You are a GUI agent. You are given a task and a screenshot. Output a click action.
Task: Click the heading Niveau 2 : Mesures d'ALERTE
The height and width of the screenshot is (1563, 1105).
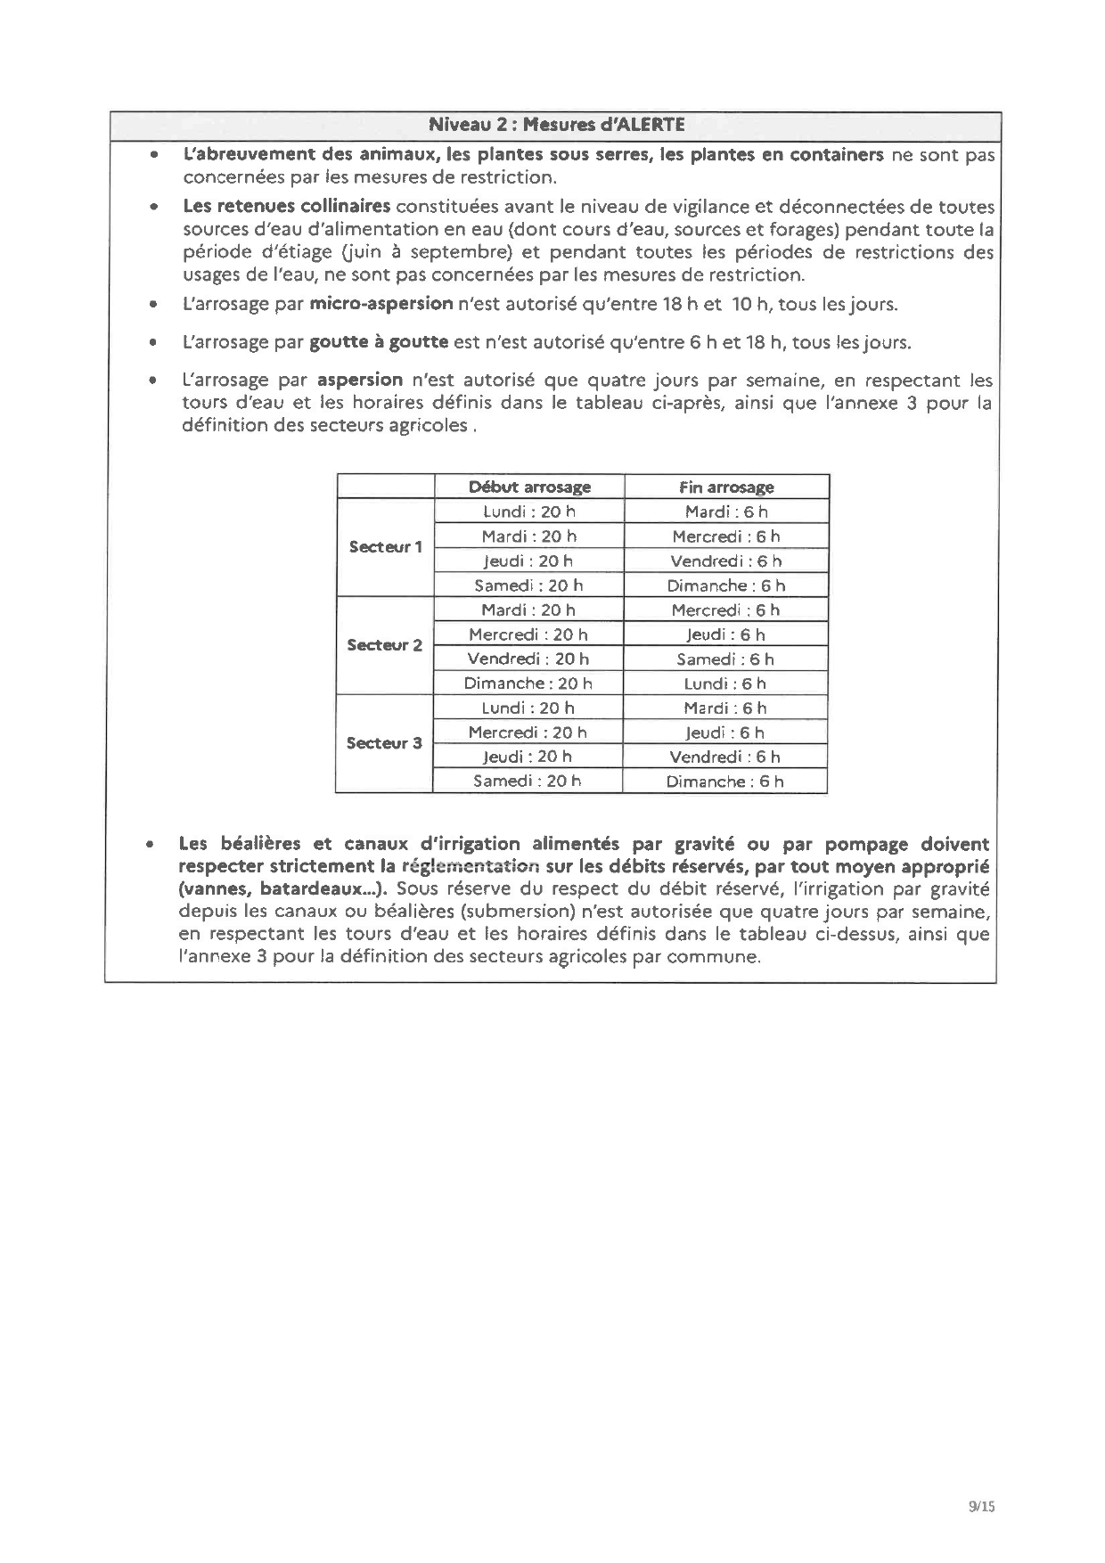click(x=556, y=125)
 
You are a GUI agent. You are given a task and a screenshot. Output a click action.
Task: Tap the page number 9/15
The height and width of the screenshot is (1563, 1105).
click(x=980, y=1507)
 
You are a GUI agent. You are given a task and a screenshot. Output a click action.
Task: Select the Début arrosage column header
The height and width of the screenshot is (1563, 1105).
click(x=529, y=487)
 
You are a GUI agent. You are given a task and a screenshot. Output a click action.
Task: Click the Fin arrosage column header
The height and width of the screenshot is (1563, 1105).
click(x=726, y=487)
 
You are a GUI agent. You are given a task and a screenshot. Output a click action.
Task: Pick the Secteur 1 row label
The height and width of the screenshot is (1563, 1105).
click(x=385, y=547)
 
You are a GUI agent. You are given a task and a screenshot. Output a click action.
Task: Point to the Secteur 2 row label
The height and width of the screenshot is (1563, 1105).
click(x=384, y=645)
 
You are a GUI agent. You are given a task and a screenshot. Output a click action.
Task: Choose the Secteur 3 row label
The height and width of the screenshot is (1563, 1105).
click(x=384, y=743)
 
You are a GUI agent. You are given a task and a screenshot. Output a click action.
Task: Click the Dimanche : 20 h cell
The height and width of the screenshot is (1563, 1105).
click(x=528, y=683)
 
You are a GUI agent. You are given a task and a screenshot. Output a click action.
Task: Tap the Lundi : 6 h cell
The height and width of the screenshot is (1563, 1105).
click(x=724, y=683)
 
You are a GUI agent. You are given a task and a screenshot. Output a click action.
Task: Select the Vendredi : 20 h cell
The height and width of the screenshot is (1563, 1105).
click(x=528, y=659)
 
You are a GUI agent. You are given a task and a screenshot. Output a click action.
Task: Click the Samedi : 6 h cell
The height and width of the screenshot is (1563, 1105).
click(x=724, y=659)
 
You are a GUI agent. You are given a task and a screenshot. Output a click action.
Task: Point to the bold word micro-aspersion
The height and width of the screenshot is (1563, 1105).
click(x=381, y=304)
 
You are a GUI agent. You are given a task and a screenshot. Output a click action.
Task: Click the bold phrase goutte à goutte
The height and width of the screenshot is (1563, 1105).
click(x=379, y=342)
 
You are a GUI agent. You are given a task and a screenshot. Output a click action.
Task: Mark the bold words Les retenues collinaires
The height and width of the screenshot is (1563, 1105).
click(x=286, y=207)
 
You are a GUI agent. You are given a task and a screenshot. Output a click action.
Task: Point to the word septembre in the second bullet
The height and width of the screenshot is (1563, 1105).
click(x=467, y=252)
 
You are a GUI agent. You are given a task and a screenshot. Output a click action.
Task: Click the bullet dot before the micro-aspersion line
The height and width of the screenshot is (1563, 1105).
click(x=154, y=305)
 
